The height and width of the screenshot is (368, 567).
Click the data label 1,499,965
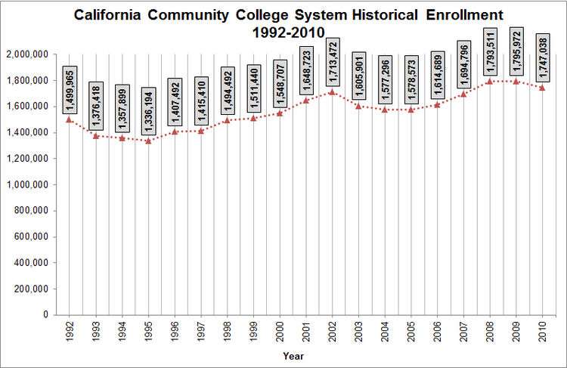pyautogui.click(x=70, y=90)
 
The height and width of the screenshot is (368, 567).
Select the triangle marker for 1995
pyautogui.click(x=148, y=141)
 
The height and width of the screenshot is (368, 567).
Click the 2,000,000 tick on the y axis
pyautogui.click(x=28, y=54)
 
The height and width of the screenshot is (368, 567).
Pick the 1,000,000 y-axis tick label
pyautogui.click(x=28, y=184)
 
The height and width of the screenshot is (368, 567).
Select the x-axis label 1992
pyautogui.click(x=70, y=330)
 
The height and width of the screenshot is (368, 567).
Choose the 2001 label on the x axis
pyautogui.click(x=306, y=330)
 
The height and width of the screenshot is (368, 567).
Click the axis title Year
pyautogui.click(x=294, y=355)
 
